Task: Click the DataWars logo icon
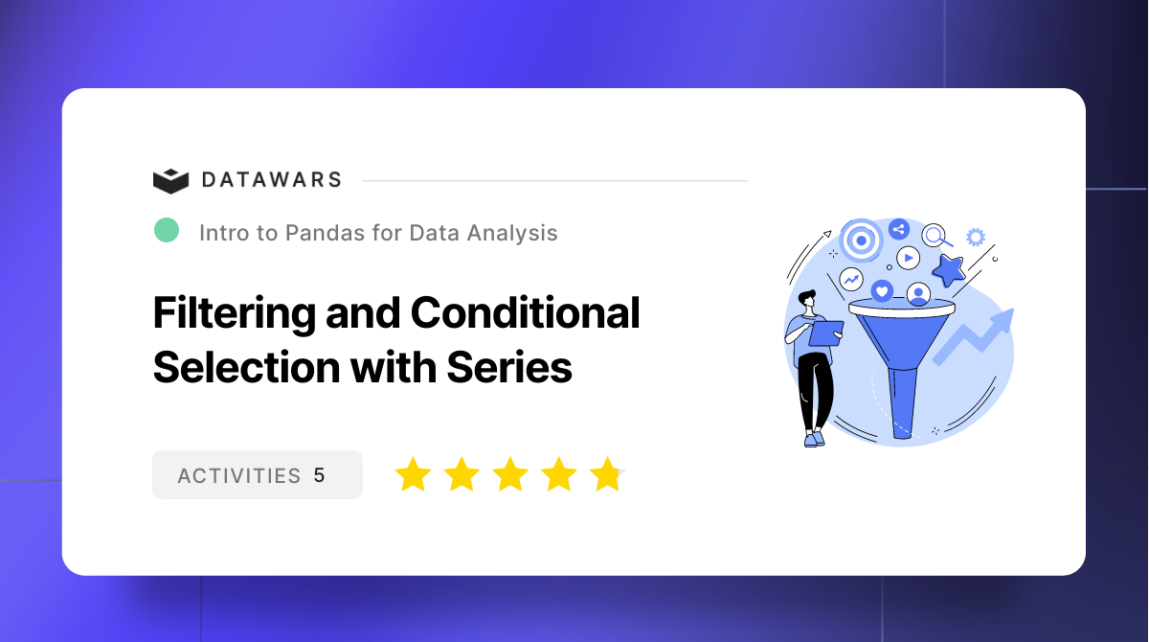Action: pos(171,180)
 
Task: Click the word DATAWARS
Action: pos(271,180)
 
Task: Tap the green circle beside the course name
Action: pos(167,230)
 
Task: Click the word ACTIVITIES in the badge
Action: pos(239,475)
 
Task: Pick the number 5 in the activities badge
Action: pos(319,475)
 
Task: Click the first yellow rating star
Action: pos(413,474)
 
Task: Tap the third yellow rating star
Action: pos(510,474)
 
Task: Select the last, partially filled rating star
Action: pos(606,474)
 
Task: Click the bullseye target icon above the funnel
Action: pos(861,241)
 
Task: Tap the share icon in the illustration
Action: pos(898,229)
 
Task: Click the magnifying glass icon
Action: pos(935,235)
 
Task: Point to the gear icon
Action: pos(976,237)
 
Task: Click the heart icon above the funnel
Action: pos(882,290)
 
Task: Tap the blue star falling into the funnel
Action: pos(948,270)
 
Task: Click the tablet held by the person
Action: pos(825,332)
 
